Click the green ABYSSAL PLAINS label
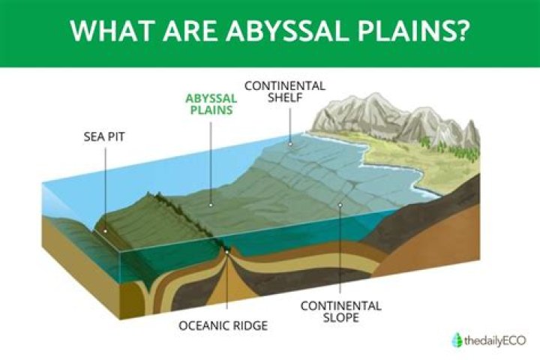(211, 104)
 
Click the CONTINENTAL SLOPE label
(341, 312)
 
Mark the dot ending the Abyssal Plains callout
(211, 203)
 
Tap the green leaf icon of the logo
(457, 340)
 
